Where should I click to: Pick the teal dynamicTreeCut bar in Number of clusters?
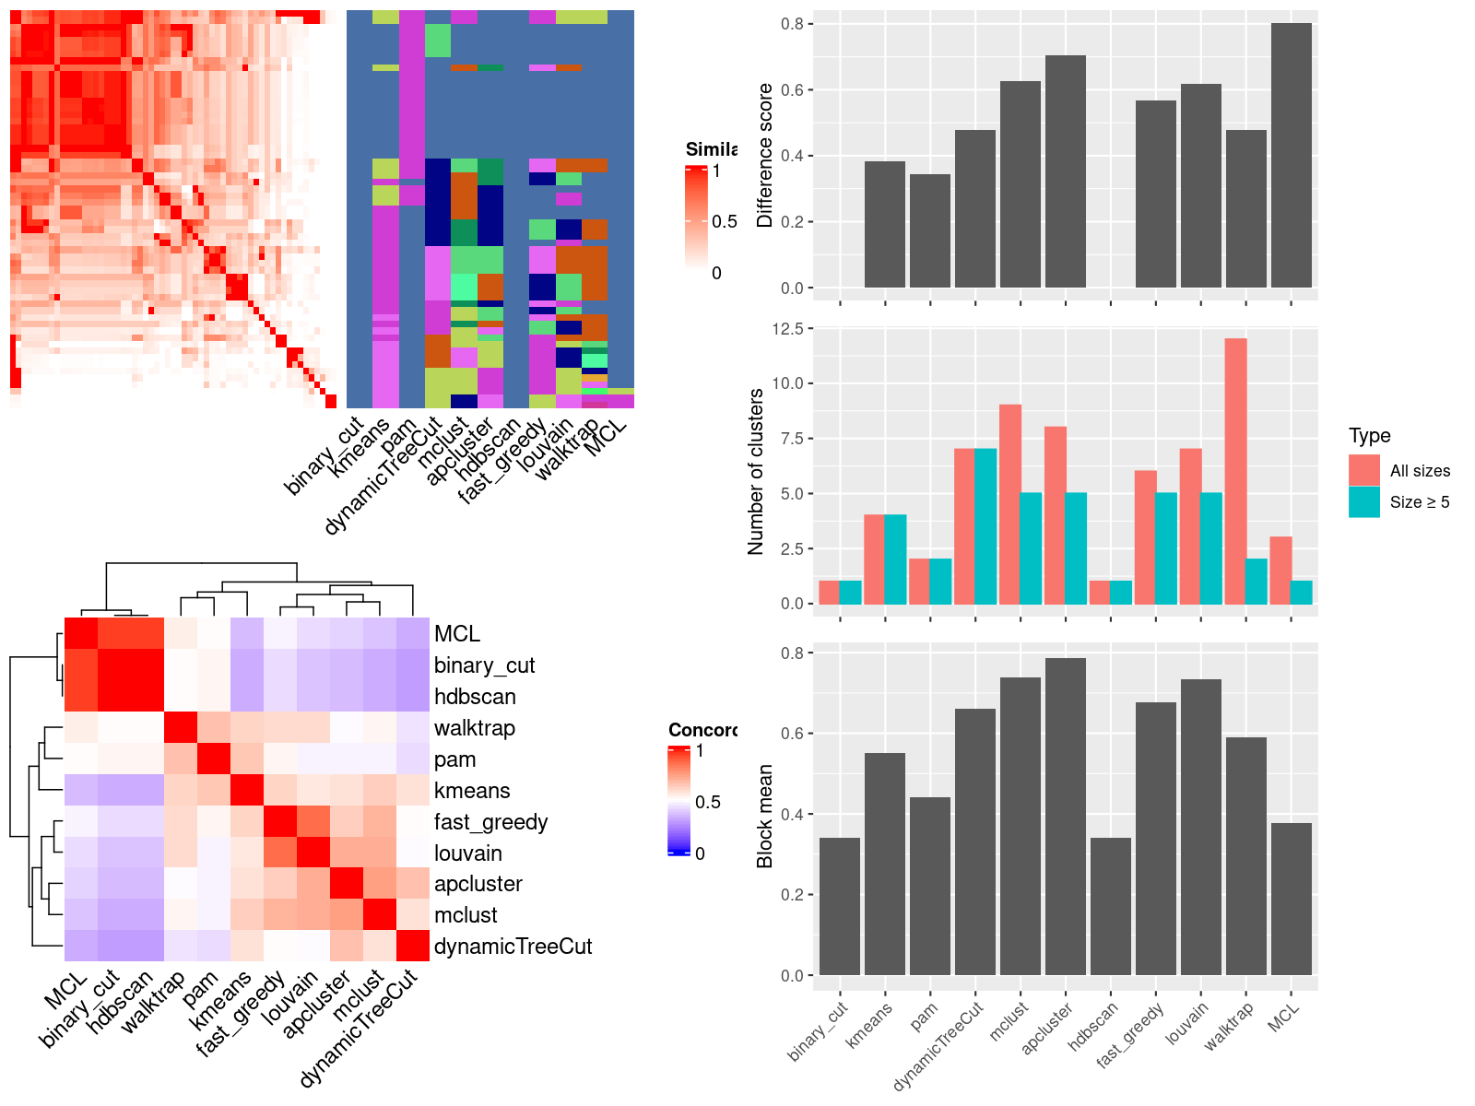(985, 526)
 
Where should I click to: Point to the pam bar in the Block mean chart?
(929, 886)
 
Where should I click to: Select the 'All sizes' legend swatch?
(1363, 470)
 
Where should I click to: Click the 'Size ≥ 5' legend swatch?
(1363, 502)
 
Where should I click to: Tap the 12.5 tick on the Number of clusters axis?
(791, 329)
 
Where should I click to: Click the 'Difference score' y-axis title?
(764, 155)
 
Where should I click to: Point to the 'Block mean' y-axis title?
(764, 816)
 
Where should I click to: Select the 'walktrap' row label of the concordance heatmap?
(474, 728)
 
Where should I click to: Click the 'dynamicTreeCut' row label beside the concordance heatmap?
(513, 947)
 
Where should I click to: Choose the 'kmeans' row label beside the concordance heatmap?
(471, 791)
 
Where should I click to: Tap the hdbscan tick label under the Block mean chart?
(1093, 1026)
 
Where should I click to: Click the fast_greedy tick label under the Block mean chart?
(1130, 1034)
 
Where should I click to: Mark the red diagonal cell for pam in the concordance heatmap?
(214, 759)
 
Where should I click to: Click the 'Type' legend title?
(1369, 436)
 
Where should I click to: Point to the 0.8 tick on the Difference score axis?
(792, 24)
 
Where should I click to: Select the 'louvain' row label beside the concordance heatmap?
(467, 853)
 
